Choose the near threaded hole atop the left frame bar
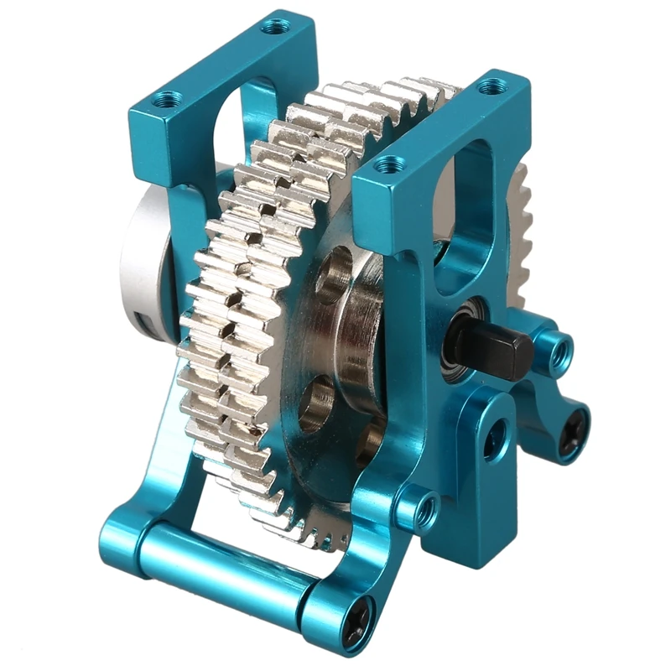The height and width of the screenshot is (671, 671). (168, 101)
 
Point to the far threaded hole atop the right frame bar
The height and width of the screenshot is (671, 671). (493, 85)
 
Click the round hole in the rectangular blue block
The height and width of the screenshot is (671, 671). (494, 437)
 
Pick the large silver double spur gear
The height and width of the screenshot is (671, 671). (243, 294)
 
